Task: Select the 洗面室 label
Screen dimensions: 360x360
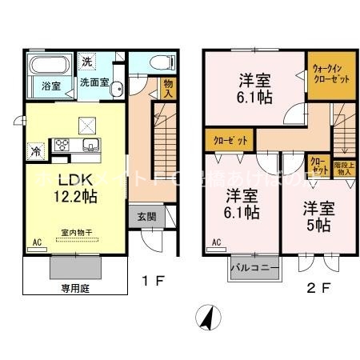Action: click(94, 82)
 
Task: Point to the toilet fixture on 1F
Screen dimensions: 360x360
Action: click(156, 62)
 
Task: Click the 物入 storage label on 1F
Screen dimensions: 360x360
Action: click(167, 87)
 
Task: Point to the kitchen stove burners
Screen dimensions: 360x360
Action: click(62, 146)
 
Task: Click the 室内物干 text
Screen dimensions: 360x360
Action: click(77, 234)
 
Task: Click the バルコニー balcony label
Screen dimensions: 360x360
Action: click(255, 267)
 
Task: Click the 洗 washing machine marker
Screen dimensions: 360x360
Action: click(87, 62)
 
